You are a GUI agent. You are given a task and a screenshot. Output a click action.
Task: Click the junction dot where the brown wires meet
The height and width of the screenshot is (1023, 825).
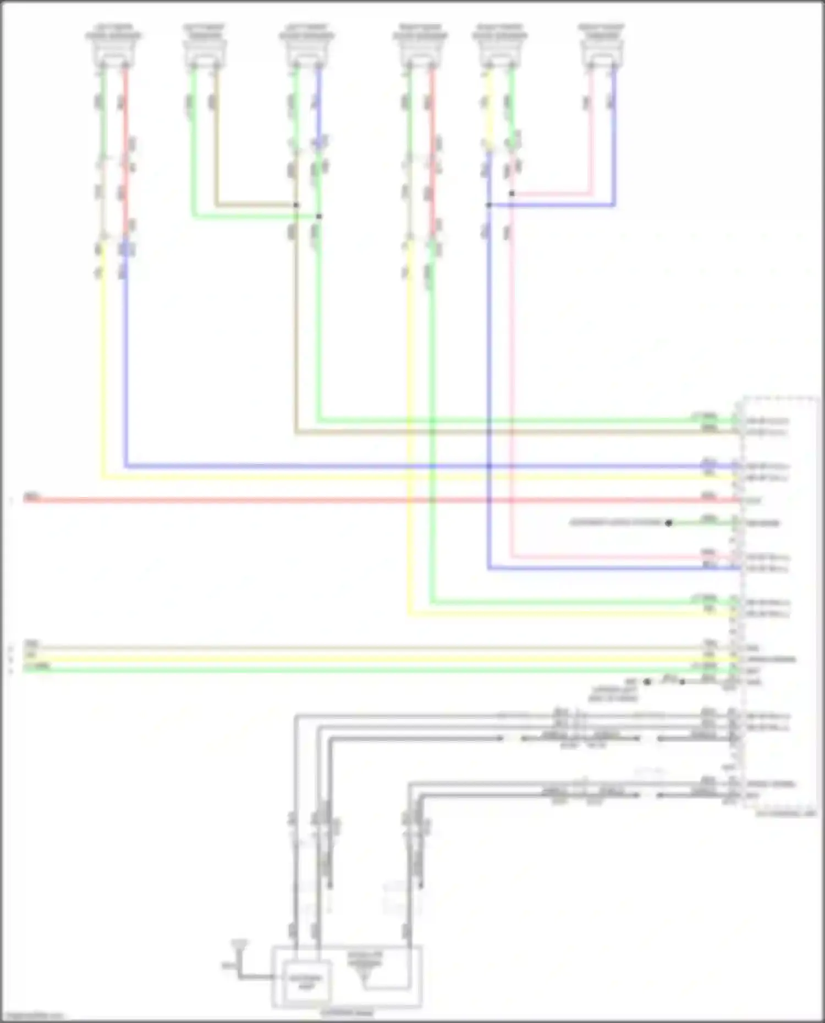pos(296,205)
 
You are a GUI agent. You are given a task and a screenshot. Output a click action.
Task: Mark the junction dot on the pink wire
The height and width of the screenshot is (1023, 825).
pos(512,193)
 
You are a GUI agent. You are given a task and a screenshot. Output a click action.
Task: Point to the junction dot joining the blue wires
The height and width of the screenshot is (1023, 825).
pos(488,205)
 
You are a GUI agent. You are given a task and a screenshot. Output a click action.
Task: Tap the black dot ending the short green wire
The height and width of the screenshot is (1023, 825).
pos(669,523)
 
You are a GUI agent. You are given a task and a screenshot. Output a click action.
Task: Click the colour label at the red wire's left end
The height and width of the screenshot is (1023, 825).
pos(31,497)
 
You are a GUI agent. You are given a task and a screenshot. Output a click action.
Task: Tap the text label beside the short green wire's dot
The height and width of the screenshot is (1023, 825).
pos(616,522)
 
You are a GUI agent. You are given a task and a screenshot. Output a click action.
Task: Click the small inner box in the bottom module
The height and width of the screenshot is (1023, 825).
pos(307,980)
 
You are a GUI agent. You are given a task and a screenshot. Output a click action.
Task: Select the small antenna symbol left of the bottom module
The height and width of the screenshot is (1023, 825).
pos(239,946)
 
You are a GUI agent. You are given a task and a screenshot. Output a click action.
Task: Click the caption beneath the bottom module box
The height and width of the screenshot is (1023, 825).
pos(346,1012)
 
